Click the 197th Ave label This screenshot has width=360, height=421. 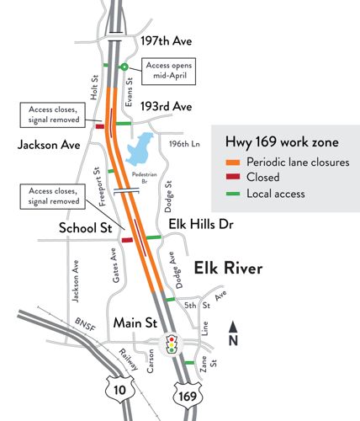tap(168, 40)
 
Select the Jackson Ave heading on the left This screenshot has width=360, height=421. tap(49, 146)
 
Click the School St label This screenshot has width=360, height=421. tap(87, 228)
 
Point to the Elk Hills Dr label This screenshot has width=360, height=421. tap(200, 225)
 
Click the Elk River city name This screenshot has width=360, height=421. tap(229, 268)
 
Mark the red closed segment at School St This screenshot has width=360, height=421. tap(127, 240)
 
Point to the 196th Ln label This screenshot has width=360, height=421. tap(185, 144)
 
